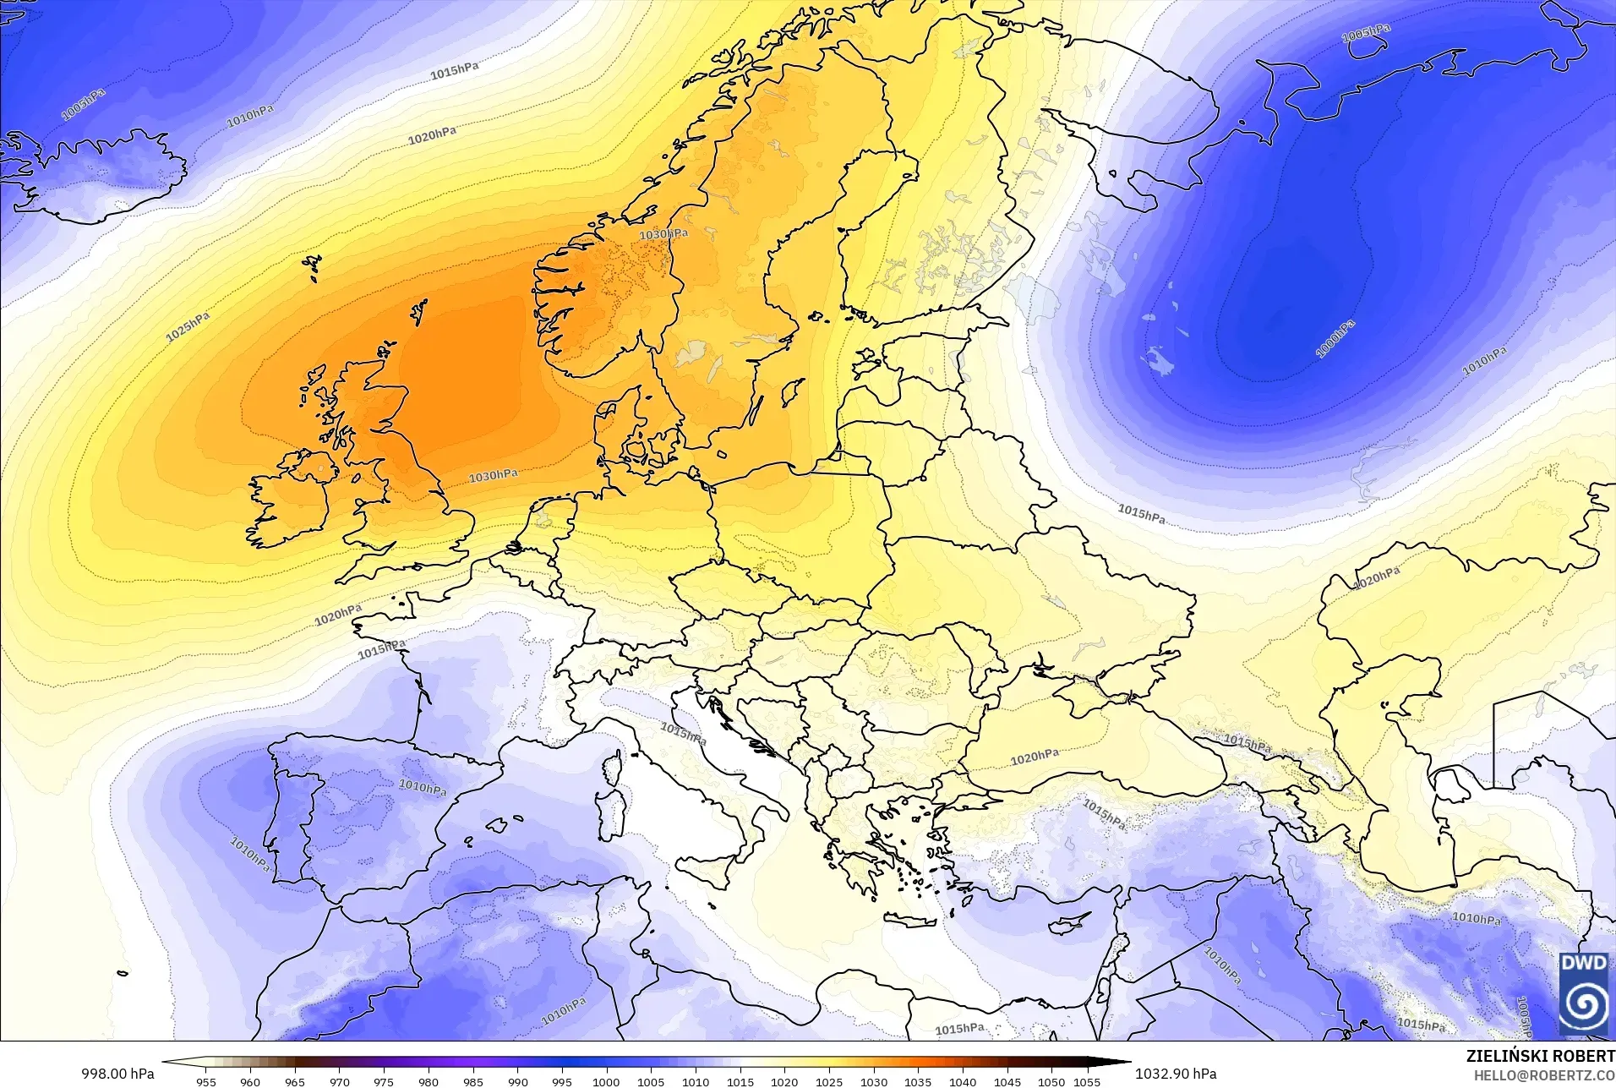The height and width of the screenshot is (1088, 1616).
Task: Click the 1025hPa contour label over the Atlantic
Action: pyautogui.click(x=188, y=327)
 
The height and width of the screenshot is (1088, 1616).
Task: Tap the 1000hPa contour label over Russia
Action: pyautogui.click(x=1335, y=338)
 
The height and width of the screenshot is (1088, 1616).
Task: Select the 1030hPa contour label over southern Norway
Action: pyautogui.click(x=663, y=234)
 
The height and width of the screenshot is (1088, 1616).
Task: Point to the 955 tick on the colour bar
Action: pyautogui.click(x=205, y=1081)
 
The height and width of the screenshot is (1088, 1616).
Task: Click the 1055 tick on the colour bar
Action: pyautogui.click(x=1087, y=1081)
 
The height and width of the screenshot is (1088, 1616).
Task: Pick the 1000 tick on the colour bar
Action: pyautogui.click(x=606, y=1081)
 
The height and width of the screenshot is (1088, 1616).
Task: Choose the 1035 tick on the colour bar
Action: pyautogui.click(x=918, y=1081)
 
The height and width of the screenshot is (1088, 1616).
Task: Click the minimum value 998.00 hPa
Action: pyautogui.click(x=117, y=1074)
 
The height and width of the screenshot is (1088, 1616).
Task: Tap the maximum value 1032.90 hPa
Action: pyautogui.click(x=1176, y=1074)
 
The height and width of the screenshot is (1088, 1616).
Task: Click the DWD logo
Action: pyautogui.click(x=1583, y=992)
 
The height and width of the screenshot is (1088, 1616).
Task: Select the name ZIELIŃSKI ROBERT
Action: pyautogui.click(x=1540, y=1057)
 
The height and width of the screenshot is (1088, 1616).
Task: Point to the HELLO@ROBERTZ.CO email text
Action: pyautogui.click(x=1544, y=1075)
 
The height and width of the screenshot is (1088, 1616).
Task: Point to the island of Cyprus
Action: pyautogui.click(x=1067, y=923)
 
